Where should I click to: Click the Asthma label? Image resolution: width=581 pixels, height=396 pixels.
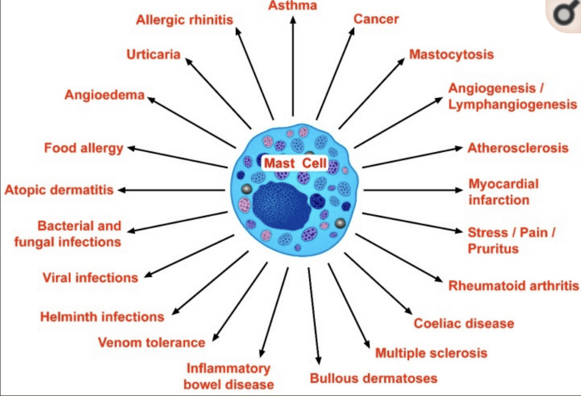pyautogui.click(x=292, y=6)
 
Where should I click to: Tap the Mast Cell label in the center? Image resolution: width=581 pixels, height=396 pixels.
pyautogui.click(x=295, y=163)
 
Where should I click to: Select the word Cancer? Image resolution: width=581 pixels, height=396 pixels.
pyautogui.click(x=376, y=19)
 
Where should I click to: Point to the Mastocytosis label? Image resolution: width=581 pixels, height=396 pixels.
pyautogui.click(x=451, y=54)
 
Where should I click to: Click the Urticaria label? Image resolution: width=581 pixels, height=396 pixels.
pyautogui.click(x=154, y=54)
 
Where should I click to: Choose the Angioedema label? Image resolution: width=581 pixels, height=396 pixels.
pyautogui.click(x=104, y=95)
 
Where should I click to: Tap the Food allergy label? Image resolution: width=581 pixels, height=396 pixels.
pyautogui.click(x=83, y=148)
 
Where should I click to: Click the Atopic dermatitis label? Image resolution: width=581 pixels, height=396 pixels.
pyautogui.click(x=59, y=190)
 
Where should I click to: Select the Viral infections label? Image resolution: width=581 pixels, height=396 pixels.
pyautogui.click(x=90, y=277)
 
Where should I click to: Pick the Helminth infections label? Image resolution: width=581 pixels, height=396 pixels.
pyautogui.click(x=102, y=316)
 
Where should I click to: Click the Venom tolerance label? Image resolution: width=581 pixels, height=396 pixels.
pyautogui.click(x=151, y=342)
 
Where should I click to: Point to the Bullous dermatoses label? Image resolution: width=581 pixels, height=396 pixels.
pyautogui.click(x=373, y=378)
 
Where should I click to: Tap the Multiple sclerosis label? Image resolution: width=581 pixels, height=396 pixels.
pyautogui.click(x=431, y=353)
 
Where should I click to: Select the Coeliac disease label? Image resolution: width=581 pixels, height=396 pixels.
pyautogui.click(x=464, y=323)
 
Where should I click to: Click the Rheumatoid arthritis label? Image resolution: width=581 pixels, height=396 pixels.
pyautogui.click(x=514, y=286)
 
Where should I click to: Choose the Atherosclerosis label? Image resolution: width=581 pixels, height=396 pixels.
pyautogui.click(x=518, y=148)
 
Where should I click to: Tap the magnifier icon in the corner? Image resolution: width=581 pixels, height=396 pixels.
pyautogui.click(x=563, y=16)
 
